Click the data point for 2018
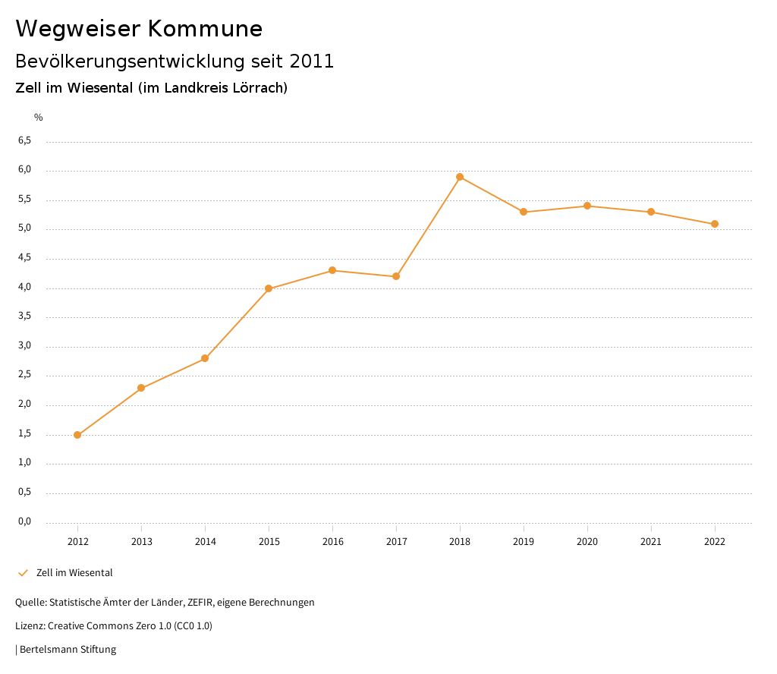[x=460, y=177]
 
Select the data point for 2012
[x=77, y=435]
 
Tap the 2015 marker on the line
[x=269, y=288]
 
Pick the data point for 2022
[x=715, y=224]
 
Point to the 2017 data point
[x=396, y=276]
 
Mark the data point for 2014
[x=205, y=358]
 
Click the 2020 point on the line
[x=587, y=206]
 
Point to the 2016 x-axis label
[x=332, y=542]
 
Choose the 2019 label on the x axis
[x=524, y=542]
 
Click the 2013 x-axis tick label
[x=141, y=542]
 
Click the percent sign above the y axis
[x=39, y=118]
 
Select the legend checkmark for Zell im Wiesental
[x=23, y=573]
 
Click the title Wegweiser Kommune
[x=139, y=29]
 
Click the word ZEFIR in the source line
[x=199, y=603]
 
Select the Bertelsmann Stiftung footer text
[x=68, y=650]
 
